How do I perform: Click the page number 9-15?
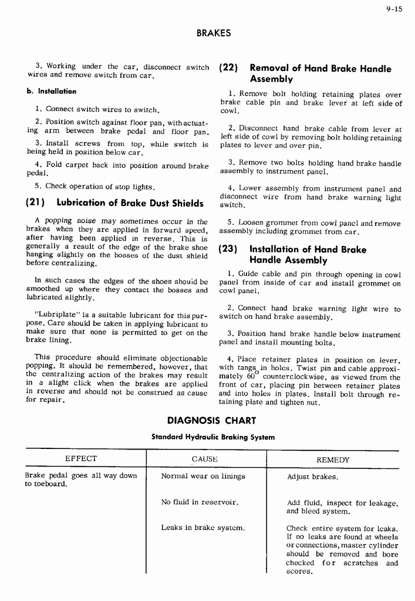click(393, 9)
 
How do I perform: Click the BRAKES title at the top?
click(213, 33)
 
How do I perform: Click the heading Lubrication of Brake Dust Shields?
click(130, 203)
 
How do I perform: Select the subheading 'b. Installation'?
click(52, 92)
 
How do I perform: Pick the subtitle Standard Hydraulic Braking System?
click(213, 437)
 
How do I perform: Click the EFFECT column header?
click(81, 459)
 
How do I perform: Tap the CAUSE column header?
click(205, 459)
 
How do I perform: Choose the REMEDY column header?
click(333, 460)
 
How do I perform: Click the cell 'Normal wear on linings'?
click(203, 476)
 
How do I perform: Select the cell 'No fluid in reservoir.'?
click(200, 502)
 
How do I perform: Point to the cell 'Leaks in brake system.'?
click(203, 528)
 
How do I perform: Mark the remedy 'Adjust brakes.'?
click(313, 477)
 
